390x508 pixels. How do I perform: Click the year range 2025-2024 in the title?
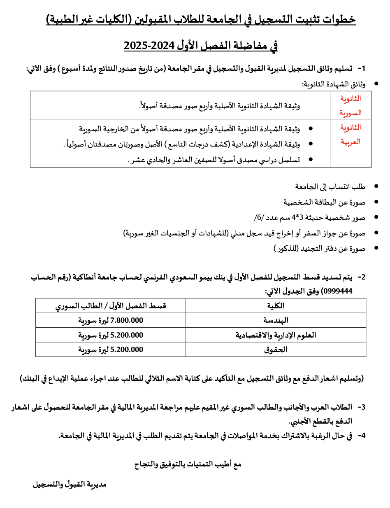point(150,45)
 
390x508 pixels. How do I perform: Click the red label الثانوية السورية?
point(350,105)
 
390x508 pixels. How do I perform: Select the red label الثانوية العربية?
point(350,135)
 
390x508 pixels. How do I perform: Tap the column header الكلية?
point(276,306)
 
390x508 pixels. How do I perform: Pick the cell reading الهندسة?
point(276,320)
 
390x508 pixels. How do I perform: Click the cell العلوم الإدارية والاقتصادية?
point(276,335)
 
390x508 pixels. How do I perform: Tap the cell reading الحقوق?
point(276,350)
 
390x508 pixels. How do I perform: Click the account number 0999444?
point(339,291)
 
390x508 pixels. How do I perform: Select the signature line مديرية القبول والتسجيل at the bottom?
point(70,484)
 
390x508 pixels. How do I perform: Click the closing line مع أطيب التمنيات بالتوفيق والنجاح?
point(188,464)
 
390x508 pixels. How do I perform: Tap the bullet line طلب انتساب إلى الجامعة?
point(330,186)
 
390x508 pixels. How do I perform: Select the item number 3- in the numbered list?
point(361,407)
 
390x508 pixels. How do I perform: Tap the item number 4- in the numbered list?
point(361,435)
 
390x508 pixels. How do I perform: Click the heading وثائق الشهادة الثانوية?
point(333,84)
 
